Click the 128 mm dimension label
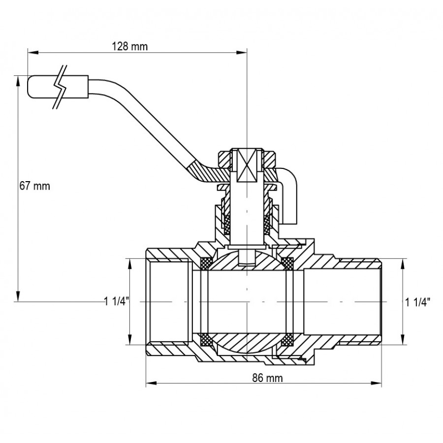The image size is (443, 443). click(129, 46)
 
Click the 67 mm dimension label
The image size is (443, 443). click(35, 186)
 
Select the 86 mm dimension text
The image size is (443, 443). click(267, 378)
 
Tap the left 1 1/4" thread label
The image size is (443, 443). click(117, 301)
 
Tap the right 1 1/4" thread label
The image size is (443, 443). click(418, 302)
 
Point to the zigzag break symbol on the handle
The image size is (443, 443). click(61, 87)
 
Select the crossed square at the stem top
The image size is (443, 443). click(247, 165)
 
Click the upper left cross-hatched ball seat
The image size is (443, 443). click(205, 263)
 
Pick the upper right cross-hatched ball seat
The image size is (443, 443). click(288, 263)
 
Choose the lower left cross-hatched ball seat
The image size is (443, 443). click(205, 339)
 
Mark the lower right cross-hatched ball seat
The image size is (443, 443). click(288, 339)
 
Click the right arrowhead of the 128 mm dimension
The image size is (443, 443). click(242, 52)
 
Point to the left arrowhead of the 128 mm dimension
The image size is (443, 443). click(33, 52)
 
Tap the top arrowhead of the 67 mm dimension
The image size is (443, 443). click(18, 81)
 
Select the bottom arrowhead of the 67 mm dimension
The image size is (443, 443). click(18, 296)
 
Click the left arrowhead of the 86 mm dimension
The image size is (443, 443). click(152, 383)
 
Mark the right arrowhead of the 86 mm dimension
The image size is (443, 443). click(376, 383)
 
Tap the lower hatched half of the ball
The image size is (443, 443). click(247, 343)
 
